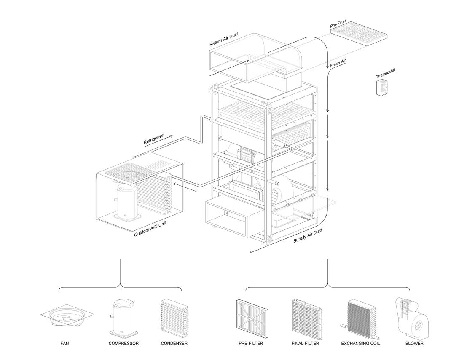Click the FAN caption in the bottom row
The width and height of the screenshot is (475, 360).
click(64, 344)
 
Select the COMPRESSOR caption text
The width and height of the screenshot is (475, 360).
click(123, 344)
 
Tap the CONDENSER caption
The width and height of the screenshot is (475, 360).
click(174, 344)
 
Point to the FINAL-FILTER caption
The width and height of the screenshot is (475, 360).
click(305, 344)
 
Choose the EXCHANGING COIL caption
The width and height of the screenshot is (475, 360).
click(360, 344)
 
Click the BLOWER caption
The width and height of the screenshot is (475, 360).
click(414, 344)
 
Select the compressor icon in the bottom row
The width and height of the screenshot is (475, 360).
click(123, 317)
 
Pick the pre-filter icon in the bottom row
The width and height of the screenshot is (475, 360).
click(252, 319)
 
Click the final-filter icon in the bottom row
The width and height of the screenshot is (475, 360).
click(306, 319)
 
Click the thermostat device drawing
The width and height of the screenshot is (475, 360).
click(382, 87)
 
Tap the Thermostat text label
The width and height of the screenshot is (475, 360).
click(386, 73)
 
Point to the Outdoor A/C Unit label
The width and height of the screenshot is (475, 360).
click(150, 229)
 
